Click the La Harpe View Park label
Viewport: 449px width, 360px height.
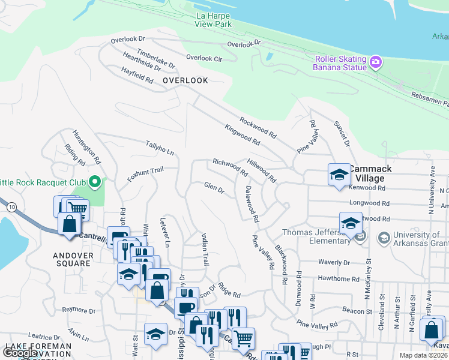pyautogui.click(x=212, y=20)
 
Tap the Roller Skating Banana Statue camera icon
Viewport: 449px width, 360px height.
pyautogui.click(x=376, y=61)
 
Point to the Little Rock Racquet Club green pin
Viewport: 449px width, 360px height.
pyautogui.click(x=94, y=181)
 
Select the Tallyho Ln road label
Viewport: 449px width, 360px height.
pyautogui.click(x=159, y=148)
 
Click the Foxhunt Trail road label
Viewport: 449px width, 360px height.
pyautogui.click(x=145, y=175)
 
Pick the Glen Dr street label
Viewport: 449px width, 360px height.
pyautogui.click(x=214, y=189)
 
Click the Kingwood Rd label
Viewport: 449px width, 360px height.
pyautogui.click(x=243, y=135)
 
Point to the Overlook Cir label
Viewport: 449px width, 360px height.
pyautogui.click(x=204, y=58)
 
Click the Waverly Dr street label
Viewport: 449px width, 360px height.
pyautogui.click(x=334, y=263)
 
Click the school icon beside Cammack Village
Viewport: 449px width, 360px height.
pyautogui.click(x=339, y=175)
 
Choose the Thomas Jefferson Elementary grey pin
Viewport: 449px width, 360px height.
pyautogui.click(x=360, y=238)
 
